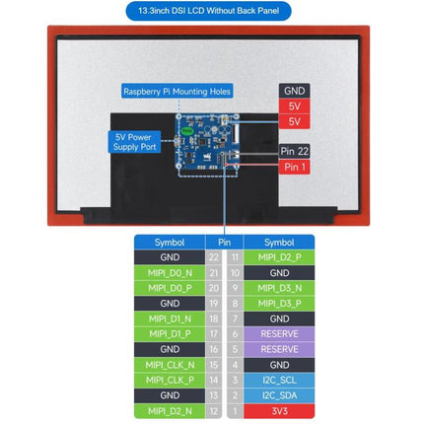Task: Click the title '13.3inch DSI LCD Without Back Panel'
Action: pos(208,11)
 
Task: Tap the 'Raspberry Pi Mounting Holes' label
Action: pos(177,92)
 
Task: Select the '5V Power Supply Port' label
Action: pos(134,142)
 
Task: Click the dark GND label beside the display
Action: pos(294,91)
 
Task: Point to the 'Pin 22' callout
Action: pos(294,151)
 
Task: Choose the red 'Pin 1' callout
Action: pos(294,167)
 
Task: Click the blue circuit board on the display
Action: pos(207,142)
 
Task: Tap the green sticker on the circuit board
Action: pos(187,131)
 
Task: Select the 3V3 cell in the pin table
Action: pos(279,411)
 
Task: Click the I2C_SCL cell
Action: pos(279,381)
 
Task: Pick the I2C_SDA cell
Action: pos(279,395)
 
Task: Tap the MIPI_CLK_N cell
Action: pos(170,365)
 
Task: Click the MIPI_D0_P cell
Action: pos(170,288)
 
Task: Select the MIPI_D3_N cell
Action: pos(279,288)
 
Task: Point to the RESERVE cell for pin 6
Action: pos(279,334)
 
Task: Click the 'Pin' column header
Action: pos(224,243)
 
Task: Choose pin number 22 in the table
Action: pos(214,257)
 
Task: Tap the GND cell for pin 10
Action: pos(279,273)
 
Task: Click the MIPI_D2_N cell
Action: pos(170,411)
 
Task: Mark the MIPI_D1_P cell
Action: pos(170,334)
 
